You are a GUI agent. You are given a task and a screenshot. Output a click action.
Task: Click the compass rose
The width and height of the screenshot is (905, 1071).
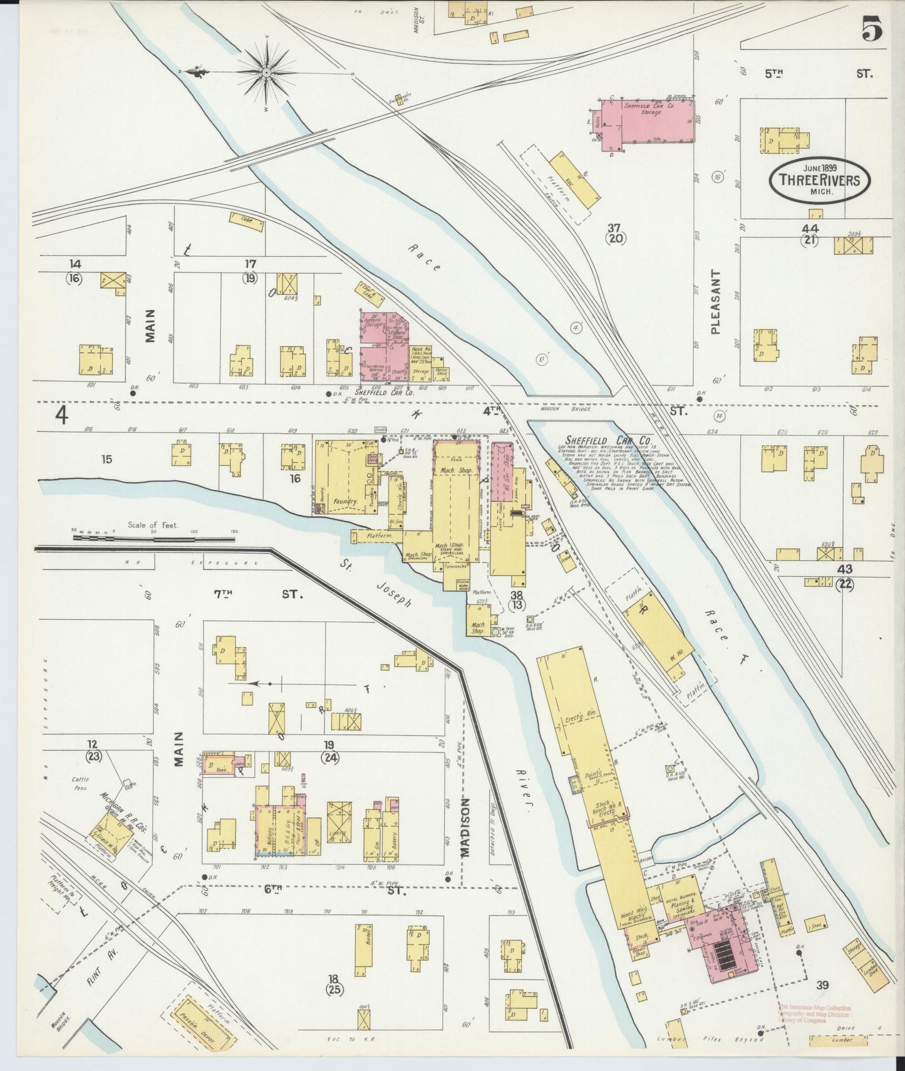(x=267, y=73)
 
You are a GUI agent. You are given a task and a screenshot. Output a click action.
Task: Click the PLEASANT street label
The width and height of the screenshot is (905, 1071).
(x=717, y=302)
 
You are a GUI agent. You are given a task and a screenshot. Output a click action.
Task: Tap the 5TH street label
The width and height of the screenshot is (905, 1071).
(x=775, y=74)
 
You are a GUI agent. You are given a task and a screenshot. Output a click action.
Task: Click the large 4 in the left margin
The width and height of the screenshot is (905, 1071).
(x=61, y=415)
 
